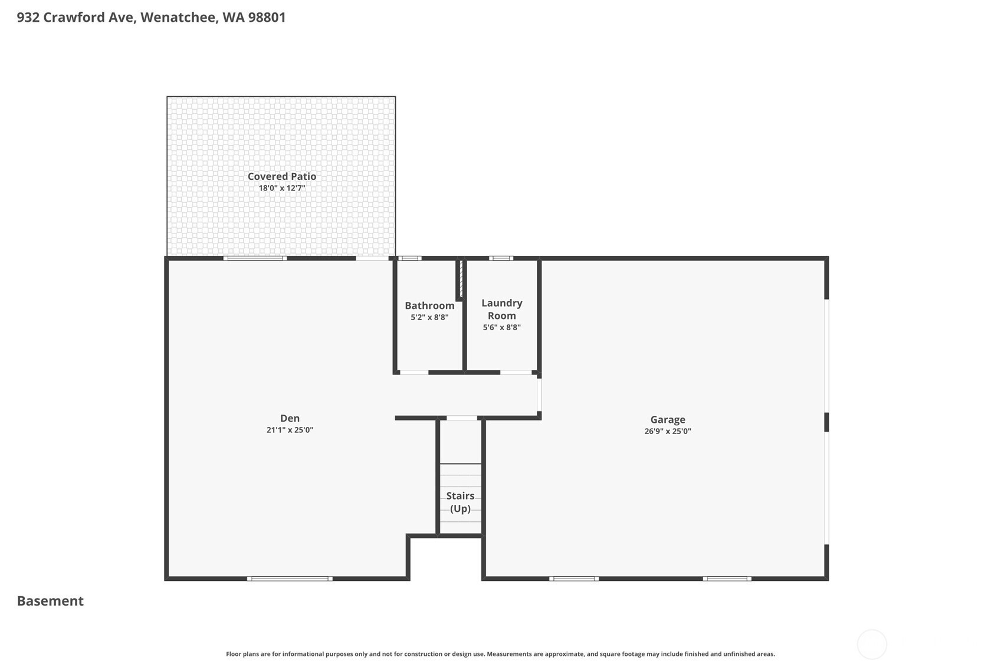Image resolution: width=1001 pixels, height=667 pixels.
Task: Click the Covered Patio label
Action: [x=282, y=176]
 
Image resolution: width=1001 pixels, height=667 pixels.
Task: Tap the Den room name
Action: [x=290, y=418]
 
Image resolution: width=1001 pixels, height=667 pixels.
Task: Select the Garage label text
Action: [x=668, y=419]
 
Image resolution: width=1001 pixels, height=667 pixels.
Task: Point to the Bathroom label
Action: [x=429, y=305]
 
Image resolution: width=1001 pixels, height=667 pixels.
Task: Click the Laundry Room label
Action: [x=502, y=309]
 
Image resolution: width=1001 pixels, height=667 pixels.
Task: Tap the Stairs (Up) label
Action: [x=460, y=502]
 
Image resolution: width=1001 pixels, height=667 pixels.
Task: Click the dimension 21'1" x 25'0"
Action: [x=290, y=430]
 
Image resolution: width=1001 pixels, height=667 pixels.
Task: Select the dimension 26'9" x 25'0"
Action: [x=668, y=431]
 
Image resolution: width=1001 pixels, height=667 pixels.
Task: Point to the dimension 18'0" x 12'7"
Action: [x=282, y=188]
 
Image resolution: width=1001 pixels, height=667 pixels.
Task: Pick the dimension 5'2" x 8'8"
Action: [x=429, y=317]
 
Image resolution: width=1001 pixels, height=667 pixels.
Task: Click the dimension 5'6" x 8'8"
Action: [x=502, y=327]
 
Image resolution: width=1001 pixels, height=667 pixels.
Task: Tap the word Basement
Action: [x=50, y=601]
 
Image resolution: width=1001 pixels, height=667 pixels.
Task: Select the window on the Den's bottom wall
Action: [x=290, y=579]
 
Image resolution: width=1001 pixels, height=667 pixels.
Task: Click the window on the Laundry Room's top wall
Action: [x=500, y=258]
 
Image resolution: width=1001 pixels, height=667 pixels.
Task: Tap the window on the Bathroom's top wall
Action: [x=409, y=258]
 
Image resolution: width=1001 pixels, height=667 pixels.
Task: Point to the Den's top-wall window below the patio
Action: [x=255, y=258]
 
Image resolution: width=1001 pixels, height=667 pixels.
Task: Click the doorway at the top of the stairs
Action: [x=462, y=418]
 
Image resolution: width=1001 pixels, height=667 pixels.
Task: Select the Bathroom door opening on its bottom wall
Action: [x=414, y=372]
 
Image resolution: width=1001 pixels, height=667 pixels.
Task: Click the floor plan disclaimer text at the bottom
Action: [x=500, y=654]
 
